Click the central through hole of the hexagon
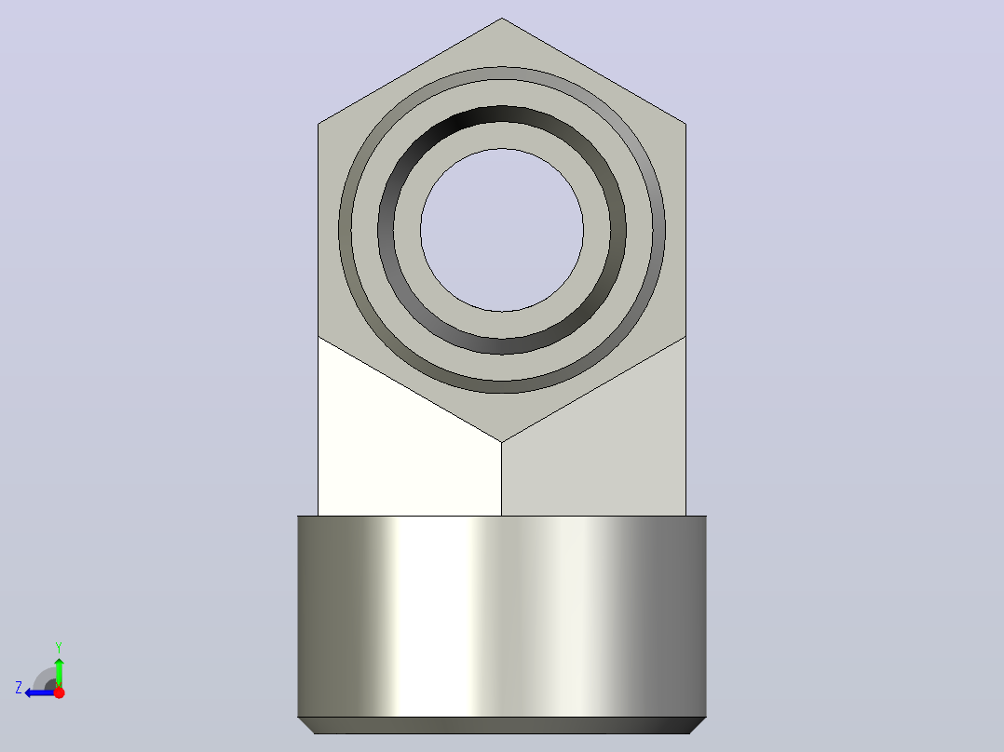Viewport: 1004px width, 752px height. [x=502, y=230]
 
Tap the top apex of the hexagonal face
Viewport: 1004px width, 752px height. [x=502, y=18]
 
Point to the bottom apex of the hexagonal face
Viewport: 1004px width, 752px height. [x=502, y=441]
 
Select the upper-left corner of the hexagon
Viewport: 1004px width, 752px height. [x=319, y=124]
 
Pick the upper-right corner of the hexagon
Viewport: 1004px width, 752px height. [x=685, y=124]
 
